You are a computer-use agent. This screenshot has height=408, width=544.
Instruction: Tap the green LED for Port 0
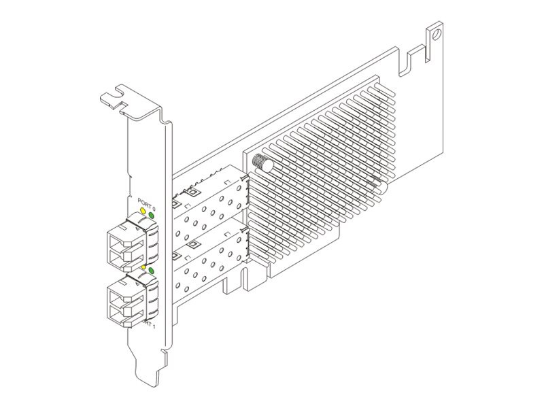click(152, 217)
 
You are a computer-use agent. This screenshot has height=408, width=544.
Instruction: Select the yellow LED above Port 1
click(143, 268)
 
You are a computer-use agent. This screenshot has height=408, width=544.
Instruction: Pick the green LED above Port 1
click(152, 272)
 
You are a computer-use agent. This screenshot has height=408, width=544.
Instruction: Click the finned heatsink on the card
click(320, 170)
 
